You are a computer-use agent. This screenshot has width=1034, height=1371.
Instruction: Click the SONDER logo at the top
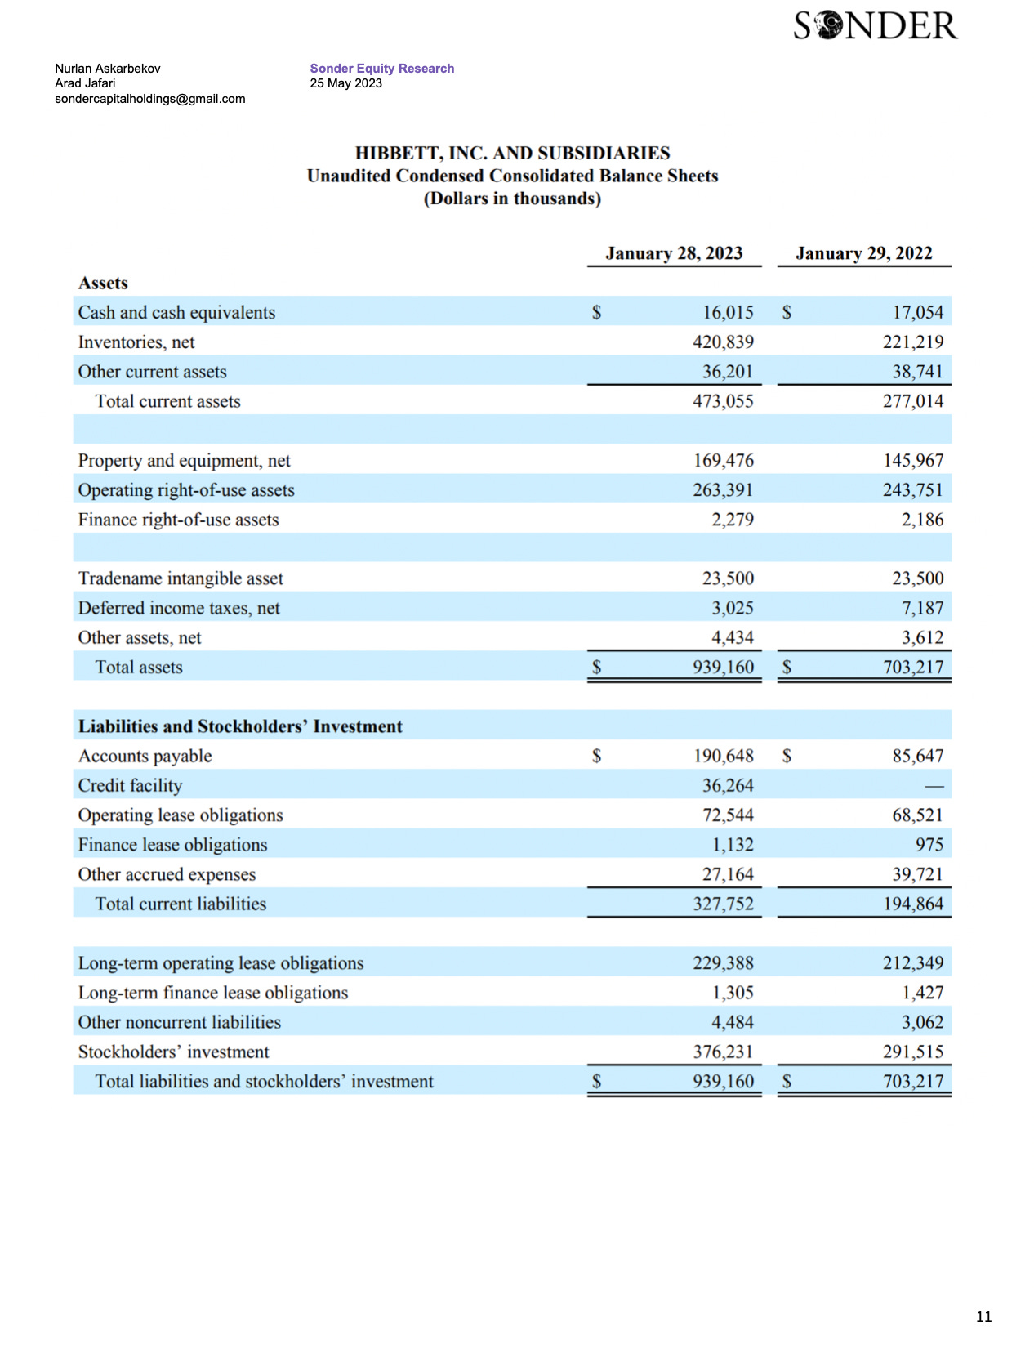[875, 26]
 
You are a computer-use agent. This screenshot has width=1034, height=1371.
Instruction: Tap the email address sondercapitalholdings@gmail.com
[149, 99]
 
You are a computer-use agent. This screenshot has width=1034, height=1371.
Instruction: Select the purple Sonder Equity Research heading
[381, 69]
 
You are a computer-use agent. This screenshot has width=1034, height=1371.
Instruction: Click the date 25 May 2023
[345, 83]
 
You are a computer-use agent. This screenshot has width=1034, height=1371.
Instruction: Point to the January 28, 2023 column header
[674, 253]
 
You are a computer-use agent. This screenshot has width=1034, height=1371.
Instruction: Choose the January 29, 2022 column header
[863, 253]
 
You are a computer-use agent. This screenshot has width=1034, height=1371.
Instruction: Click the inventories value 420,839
[723, 342]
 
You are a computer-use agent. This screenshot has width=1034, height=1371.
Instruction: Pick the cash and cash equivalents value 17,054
[917, 313]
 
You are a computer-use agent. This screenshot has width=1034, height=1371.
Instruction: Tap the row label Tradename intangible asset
[181, 578]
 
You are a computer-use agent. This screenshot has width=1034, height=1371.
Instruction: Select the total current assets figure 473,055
[723, 401]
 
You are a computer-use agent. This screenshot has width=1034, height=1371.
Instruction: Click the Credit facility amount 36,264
[728, 786]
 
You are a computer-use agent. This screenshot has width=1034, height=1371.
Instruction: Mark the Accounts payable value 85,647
[917, 757]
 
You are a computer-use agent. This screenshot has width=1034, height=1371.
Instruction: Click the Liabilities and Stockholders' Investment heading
[240, 726]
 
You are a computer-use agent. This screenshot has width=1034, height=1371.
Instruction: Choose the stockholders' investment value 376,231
[723, 1052]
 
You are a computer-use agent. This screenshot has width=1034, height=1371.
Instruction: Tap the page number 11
[983, 1316]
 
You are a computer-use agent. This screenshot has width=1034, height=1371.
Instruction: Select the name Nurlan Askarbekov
[107, 69]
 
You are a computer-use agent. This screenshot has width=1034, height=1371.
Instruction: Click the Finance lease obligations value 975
[929, 845]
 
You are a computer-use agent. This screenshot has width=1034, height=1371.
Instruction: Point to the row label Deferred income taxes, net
[179, 608]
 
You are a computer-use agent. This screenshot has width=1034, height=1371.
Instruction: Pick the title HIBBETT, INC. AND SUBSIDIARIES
[512, 153]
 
